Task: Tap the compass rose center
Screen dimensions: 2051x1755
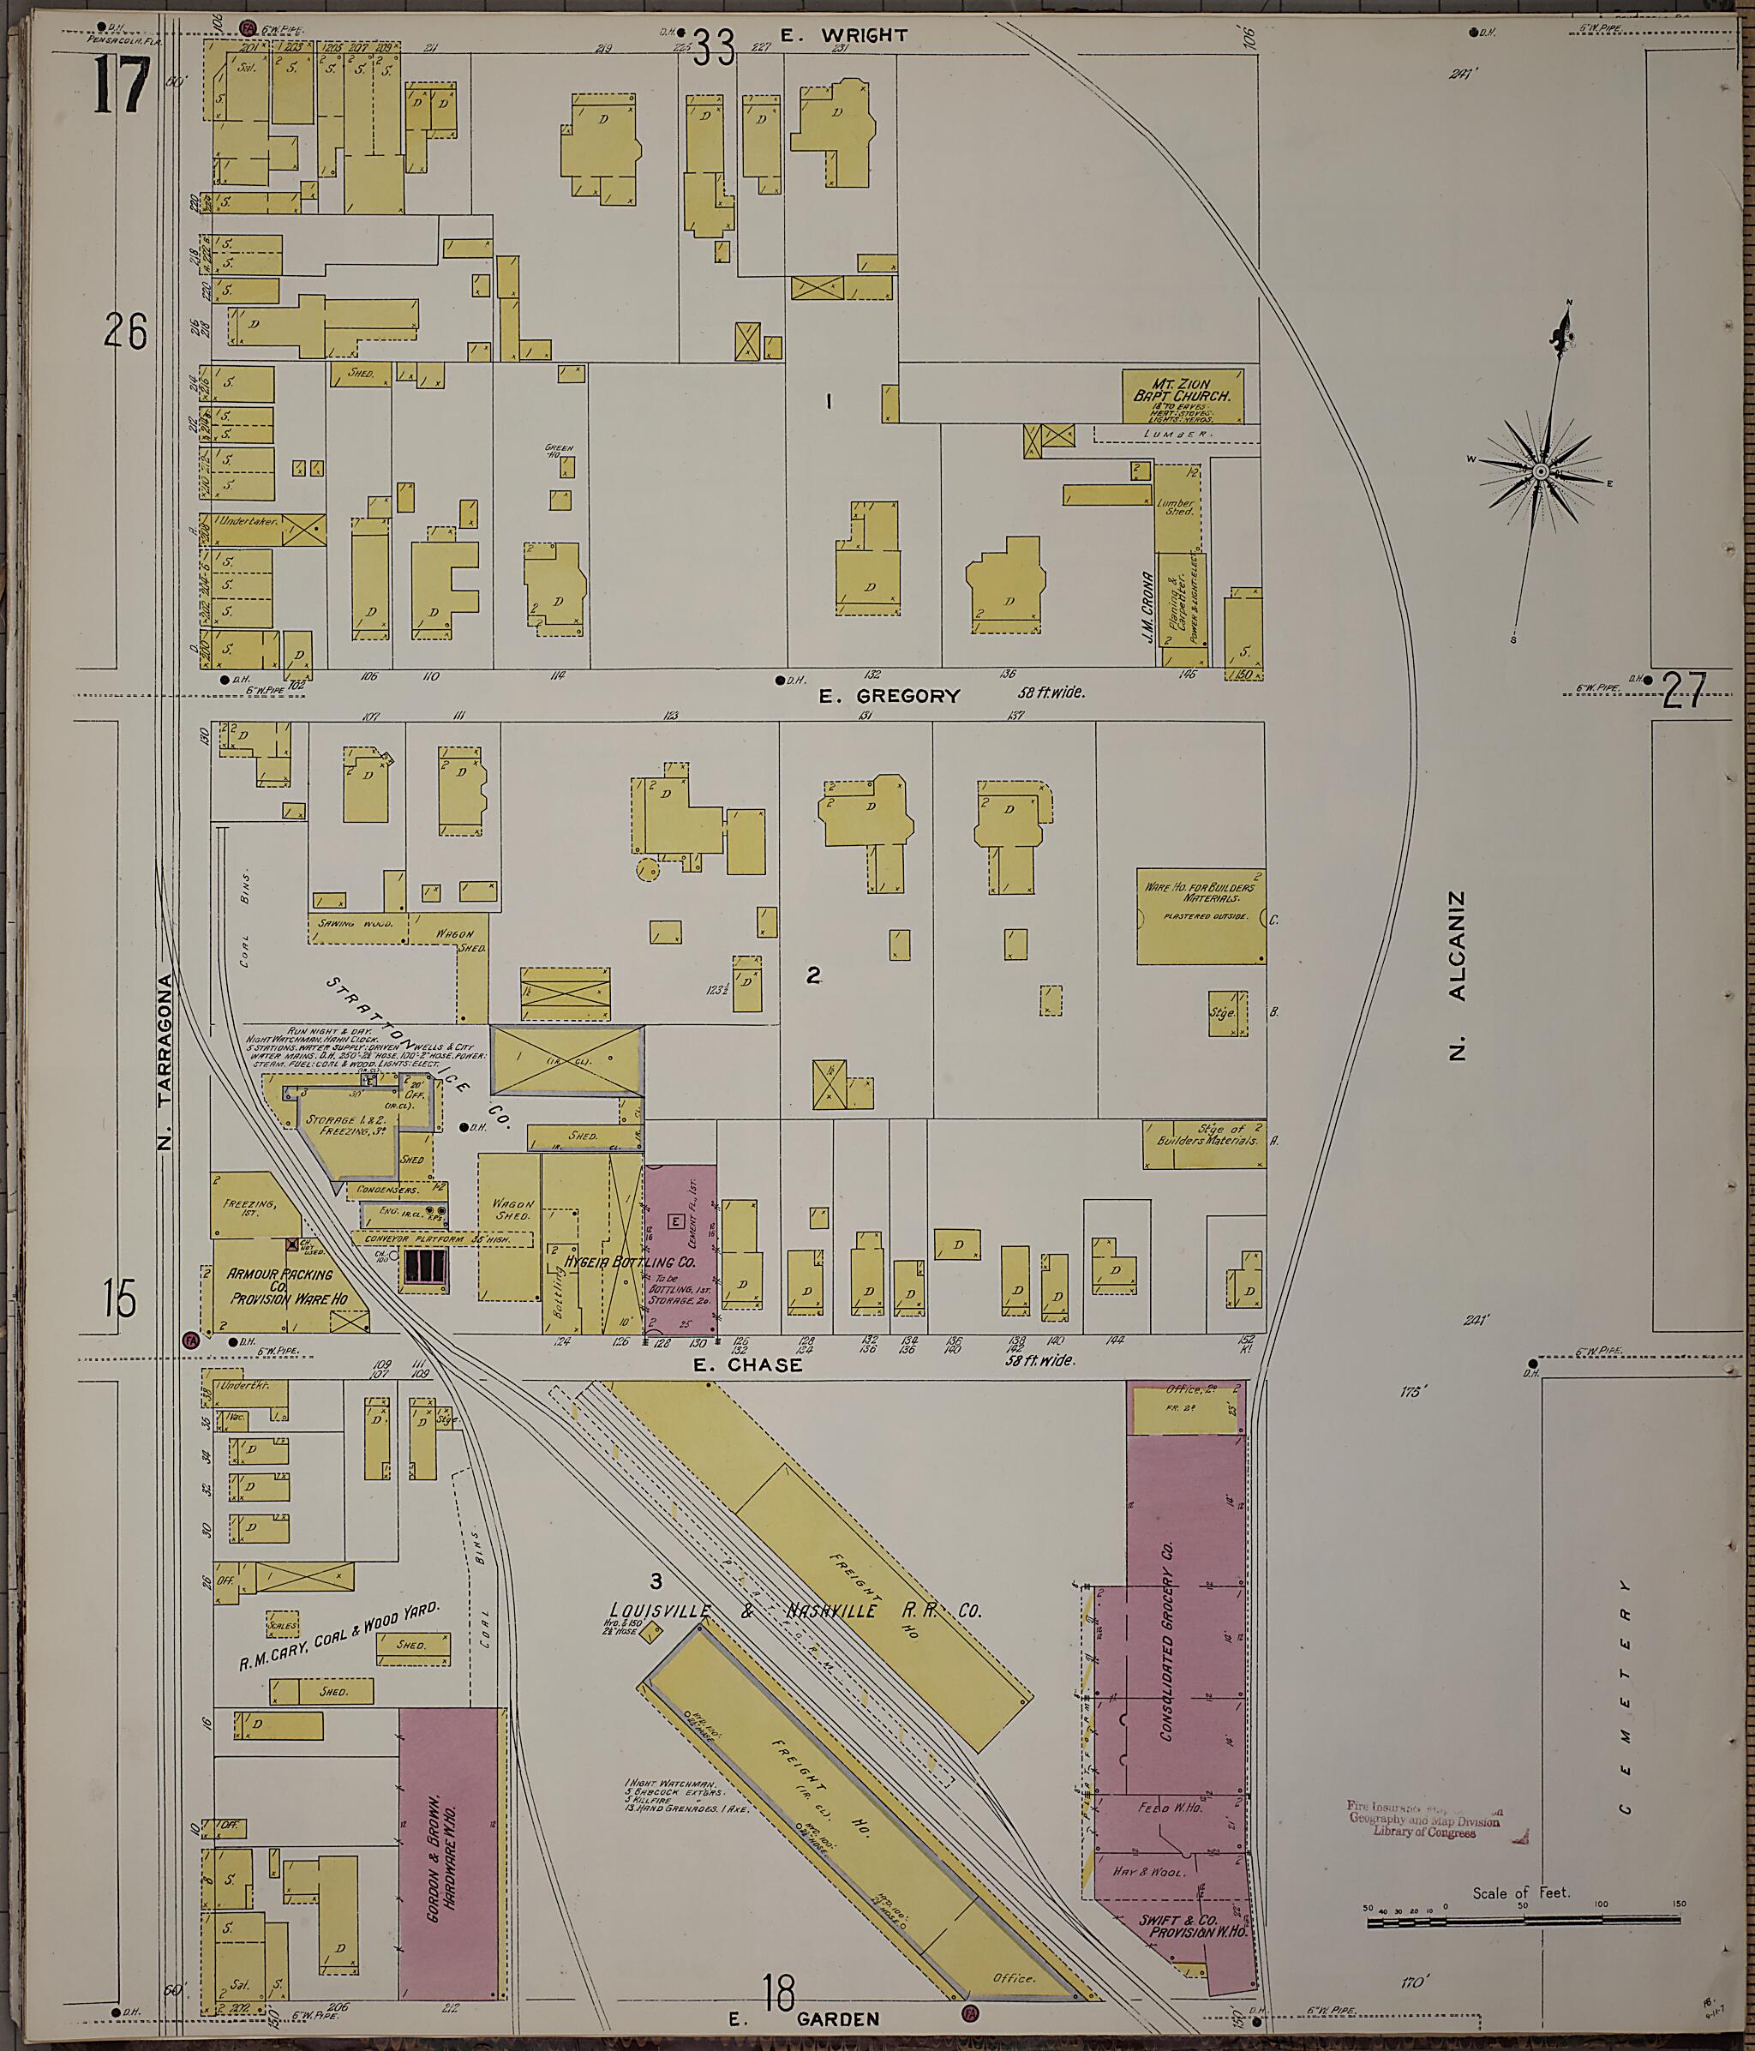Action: click(x=1540, y=473)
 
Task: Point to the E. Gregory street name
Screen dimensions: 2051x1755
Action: click(x=889, y=696)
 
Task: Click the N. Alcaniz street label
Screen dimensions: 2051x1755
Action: click(x=1456, y=976)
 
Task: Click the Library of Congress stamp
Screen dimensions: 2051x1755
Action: click(x=1424, y=1815)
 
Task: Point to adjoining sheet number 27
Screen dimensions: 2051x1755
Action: click(x=1683, y=691)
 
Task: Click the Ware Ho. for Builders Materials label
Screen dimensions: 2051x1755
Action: click(x=1199, y=894)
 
